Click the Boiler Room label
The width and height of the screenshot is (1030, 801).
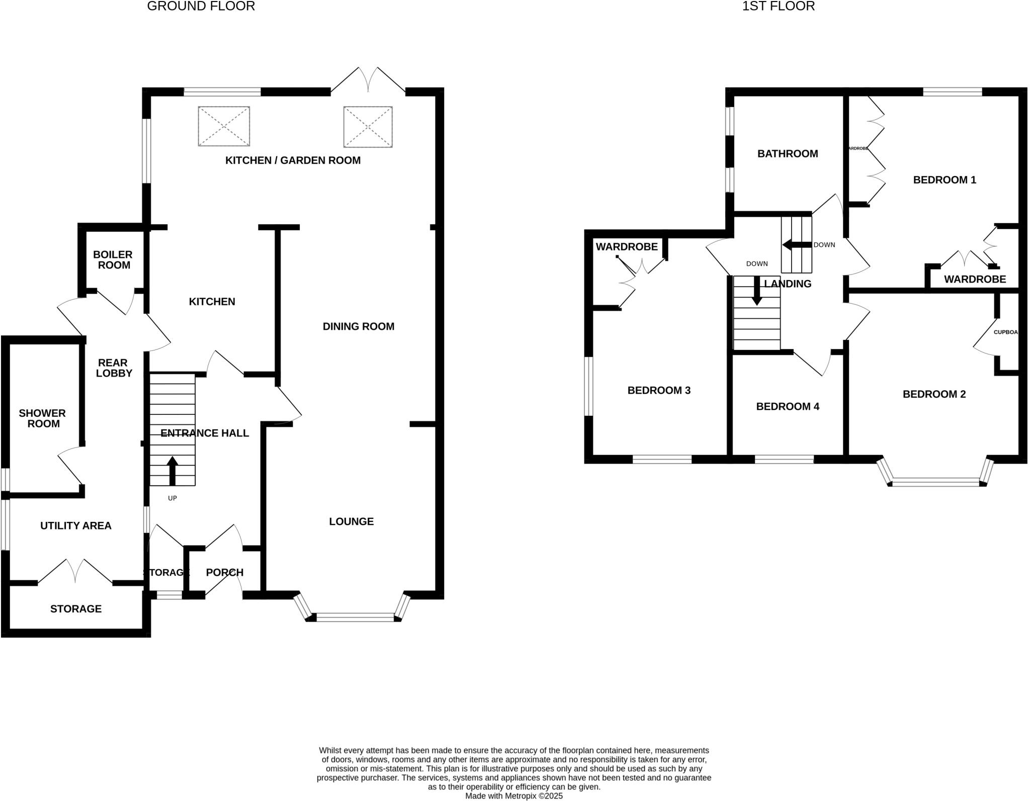click(114, 260)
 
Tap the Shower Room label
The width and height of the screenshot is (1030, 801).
click(43, 418)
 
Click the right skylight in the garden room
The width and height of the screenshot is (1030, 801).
click(368, 127)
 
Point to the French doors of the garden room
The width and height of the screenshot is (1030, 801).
click(368, 80)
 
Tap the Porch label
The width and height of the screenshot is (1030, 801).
click(224, 572)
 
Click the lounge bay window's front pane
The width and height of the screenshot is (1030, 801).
click(355, 617)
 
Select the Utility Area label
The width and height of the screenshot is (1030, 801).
click(76, 525)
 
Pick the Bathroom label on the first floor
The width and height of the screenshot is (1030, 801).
click(788, 154)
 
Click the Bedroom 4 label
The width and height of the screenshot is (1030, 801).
click(788, 406)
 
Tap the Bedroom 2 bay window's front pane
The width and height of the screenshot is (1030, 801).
click(935, 483)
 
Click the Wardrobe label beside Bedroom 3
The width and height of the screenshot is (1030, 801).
click(627, 247)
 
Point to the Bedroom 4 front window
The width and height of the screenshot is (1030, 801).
click(784, 459)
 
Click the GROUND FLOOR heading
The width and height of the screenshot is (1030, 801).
click(201, 7)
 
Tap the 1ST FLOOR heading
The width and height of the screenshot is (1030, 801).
click(778, 7)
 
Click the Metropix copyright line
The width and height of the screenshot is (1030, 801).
click(514, 796)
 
